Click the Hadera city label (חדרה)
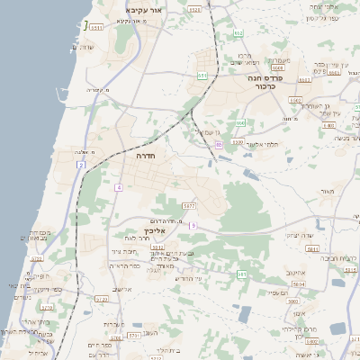[x=146, y=156]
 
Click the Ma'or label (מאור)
[x=325, y=192]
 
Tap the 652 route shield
[x=238, y=33]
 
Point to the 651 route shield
[x=202, y=76]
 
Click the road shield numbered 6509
[x=278, y=67]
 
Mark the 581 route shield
[x=241, y=273]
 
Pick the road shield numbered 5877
[x=188, y=206]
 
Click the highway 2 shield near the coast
[x=82, y=166]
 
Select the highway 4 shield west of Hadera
[x=118, y=186]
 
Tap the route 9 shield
[x=193, y=225]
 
